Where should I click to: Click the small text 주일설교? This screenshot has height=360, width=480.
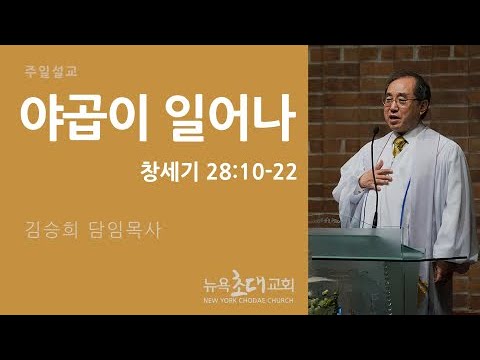[x=51, y=72]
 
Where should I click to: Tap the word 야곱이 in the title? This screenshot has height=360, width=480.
[x=84, y=118]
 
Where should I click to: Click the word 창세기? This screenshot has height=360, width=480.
[x=170, y=172]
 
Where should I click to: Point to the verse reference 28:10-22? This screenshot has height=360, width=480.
[x=252, y=173]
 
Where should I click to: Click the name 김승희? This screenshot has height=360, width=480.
[x=52, y=230]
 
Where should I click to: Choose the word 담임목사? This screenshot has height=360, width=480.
[x=125, y=230]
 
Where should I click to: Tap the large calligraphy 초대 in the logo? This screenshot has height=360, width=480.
[x=249, y=283]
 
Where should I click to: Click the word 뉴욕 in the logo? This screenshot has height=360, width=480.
[x=217, y=285]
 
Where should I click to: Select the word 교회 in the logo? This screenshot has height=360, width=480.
[x=281, y=285]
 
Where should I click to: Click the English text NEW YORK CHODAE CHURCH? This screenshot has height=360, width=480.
[x=249, y=300]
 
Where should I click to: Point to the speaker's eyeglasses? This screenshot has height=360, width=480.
[x=399, y=100]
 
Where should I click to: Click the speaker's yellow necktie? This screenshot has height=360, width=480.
[x=398, y=145]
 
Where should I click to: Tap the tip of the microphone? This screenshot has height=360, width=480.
[x=377, y=128]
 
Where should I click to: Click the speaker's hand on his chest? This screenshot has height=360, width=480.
[x=376, y=176]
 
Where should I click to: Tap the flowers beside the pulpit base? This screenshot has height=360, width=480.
[x=322, y=302]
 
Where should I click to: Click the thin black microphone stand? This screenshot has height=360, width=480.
[x=375, y=178]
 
